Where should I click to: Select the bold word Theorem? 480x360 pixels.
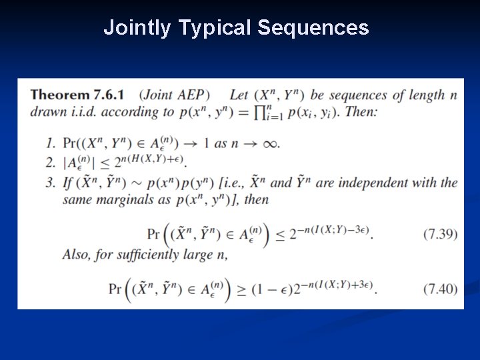pos(63,95)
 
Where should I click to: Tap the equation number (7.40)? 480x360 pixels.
pos(440,289)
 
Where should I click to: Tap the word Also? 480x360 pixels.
pos(76,254)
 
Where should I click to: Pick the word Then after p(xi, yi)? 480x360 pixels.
pos(363,111)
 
